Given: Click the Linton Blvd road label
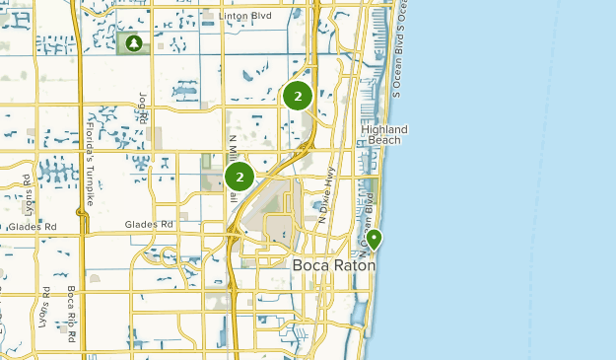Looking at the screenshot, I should click(243, 17).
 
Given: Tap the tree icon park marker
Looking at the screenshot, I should click(132, 43).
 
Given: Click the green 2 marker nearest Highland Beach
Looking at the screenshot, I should click(298, 97).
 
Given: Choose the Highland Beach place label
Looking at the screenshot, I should click(383, 135).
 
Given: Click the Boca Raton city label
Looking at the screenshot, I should click(332, 264).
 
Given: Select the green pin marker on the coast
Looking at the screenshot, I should click(375, 238).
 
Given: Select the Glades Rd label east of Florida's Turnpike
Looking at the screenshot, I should click(149, 225).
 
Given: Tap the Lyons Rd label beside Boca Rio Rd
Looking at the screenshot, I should click(45, 307).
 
